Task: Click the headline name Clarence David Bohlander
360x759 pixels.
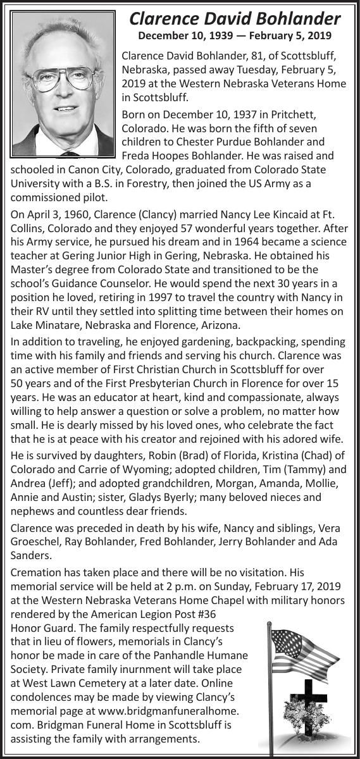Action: click(x=235, y=18)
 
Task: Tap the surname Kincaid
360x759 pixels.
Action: click(x=283, y=214)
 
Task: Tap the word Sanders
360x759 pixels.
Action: click(x=30, y=556)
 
